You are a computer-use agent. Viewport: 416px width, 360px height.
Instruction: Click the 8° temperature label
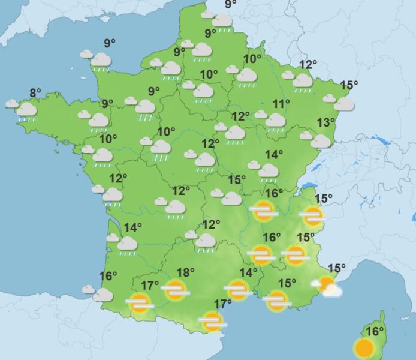(x=35, y=92)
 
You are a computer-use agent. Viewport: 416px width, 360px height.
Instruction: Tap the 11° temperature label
(x=281, y=104)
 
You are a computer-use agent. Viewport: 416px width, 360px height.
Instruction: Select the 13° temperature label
(x=326, y=122)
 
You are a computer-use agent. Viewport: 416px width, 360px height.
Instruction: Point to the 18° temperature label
(x=186, y=272)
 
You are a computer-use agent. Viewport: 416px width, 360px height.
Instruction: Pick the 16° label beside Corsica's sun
(x=375, y=331)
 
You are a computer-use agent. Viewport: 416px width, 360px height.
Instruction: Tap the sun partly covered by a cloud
(x=326, y=286)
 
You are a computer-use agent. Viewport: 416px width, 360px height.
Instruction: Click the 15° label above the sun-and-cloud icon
(x=336, y=268)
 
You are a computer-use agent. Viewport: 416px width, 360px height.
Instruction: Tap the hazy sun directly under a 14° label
(x=239, y=290)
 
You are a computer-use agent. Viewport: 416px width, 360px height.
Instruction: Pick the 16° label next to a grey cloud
(x=108, y=276)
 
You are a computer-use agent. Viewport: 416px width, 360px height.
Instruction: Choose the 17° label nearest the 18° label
(x=150, y=285)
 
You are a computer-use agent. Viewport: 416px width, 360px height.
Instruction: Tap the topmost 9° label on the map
(x=230, y=5)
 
